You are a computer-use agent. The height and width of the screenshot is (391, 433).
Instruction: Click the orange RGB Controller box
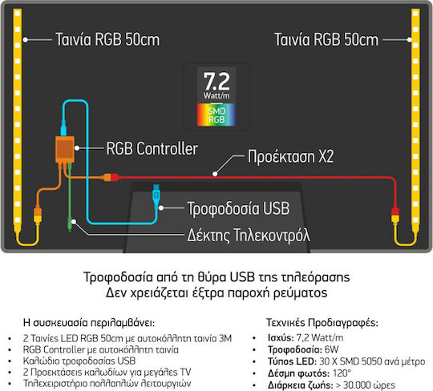(x=65, y=149)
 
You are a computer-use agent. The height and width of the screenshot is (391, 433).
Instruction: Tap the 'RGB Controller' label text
(x=152, y=148)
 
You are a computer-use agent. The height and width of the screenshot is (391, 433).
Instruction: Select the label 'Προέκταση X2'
(x=290, y=156)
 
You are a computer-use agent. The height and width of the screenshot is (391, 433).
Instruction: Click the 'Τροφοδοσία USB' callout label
(x=238, y=208)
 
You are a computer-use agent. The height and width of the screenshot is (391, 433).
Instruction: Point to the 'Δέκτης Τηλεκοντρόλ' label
(x=249, y=235)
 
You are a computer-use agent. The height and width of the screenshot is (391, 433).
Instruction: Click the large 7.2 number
(x=216, y=82)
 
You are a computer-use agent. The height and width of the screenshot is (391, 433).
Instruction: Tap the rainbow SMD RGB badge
(x=216, y=115)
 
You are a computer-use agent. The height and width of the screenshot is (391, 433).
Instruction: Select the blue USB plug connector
(x=156, y=195)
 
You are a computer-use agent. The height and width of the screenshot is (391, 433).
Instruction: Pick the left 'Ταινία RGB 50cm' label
(x=107, y=39)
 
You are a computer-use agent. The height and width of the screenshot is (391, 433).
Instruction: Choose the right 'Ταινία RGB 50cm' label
(x=326, y=39)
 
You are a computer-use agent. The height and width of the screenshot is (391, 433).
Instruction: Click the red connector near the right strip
(x=395, y=212)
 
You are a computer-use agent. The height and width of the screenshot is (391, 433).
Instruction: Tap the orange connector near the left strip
(x=38, y=212)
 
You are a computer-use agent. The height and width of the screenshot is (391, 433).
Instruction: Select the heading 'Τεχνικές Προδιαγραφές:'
(x=322, y=322)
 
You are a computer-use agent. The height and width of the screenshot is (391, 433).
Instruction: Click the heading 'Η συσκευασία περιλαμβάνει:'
(x=89, y=322)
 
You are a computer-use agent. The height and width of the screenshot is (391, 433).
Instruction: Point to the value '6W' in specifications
(x=331, y=349)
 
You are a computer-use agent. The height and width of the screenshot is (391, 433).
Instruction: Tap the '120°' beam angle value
(x=342, y=373)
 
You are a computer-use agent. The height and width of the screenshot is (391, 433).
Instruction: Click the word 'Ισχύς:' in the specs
(x=281, y=337)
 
